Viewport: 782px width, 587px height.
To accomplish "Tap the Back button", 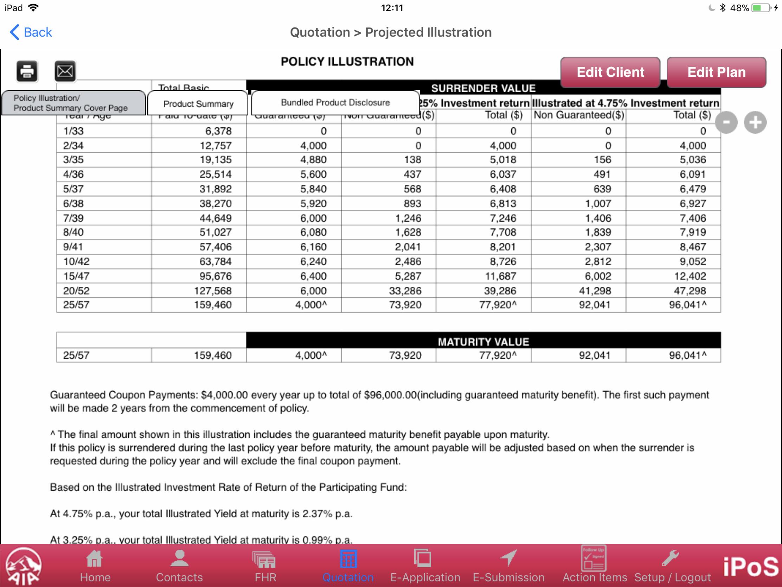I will click(x=31, y=32).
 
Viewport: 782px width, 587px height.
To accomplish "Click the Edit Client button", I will click(x=610, y=72).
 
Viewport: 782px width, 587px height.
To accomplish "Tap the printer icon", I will click(x=27, y=71).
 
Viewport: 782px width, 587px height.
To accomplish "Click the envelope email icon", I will click(x=65, y=71).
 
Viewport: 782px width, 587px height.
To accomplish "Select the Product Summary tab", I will click(x=198, y=104).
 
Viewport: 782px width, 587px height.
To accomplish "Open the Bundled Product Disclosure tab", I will click(x=335, y=103).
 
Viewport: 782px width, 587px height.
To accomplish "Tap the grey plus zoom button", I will click(x=755, y=122).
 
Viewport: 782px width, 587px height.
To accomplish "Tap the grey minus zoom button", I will click(x=726, y=122).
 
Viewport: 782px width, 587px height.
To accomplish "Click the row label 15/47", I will click(x=76, y=276).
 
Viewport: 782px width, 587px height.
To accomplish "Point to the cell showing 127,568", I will click(x=212, y=291).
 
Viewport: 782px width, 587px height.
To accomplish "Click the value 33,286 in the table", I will click(x=405, y=291).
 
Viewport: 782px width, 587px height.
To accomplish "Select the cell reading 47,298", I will click(x=690, y=291).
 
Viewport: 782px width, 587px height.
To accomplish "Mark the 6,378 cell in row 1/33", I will click(x=218, y=131).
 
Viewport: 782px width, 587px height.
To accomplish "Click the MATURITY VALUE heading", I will click(x=483, y=341).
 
